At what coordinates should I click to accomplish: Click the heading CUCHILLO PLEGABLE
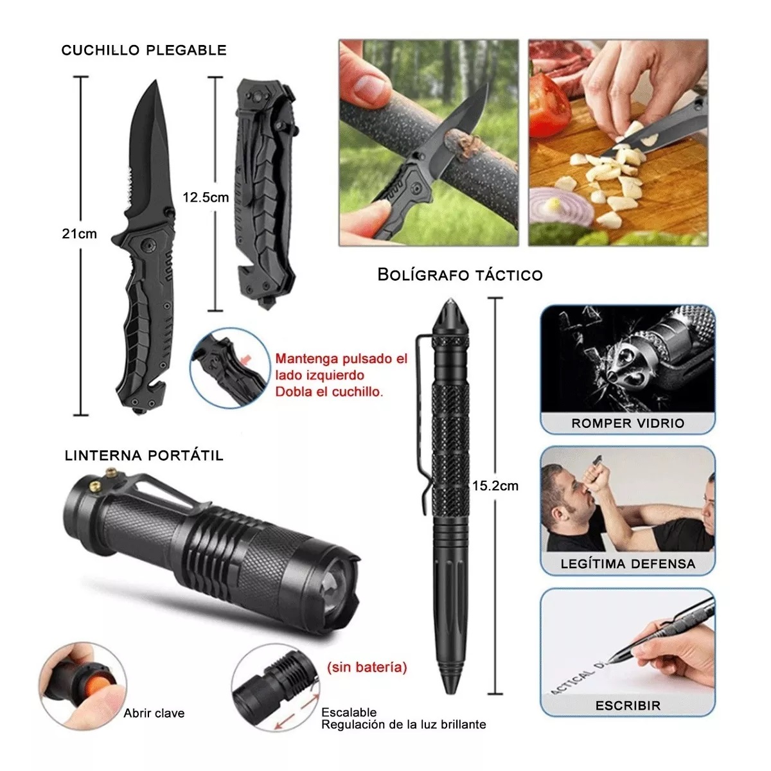point(144,51)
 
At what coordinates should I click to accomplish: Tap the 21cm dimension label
point(79,234)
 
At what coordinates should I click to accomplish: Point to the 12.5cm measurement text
point(206,197)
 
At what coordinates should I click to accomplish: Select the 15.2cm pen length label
point(495,486)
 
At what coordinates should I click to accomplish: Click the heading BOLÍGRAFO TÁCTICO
point(460,275)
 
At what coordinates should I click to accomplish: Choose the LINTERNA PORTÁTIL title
point(144,456)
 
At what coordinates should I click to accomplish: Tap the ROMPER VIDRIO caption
point(628,423)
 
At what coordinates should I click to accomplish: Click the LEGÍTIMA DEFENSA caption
point(628,564)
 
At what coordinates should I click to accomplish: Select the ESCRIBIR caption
point(628,705)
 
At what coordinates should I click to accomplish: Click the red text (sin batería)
point(367,667)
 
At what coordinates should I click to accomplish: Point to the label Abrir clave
point(154,713)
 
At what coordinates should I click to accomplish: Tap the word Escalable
point(349,712)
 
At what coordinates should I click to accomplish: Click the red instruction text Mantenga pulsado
point(341,359)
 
